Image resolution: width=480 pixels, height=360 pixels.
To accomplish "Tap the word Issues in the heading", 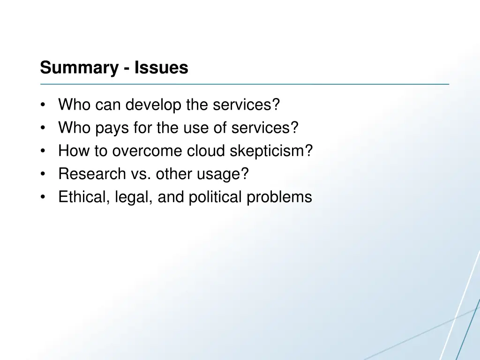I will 161,68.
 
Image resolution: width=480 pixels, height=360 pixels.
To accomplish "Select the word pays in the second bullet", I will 112,128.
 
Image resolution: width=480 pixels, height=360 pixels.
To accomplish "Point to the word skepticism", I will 270,151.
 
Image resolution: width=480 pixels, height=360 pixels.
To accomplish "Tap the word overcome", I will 148,151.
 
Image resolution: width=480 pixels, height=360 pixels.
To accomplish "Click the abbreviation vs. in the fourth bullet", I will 139,174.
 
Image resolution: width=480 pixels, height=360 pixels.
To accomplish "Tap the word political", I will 216,197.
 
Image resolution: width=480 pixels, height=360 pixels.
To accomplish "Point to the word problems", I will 279,197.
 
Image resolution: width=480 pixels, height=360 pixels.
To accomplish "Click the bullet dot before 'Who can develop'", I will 43,105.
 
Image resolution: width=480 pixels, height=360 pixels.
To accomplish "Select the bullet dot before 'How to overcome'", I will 43,151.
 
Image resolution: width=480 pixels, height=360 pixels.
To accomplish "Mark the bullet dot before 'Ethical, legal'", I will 43,197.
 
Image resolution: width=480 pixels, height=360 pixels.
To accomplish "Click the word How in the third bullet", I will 71,151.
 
